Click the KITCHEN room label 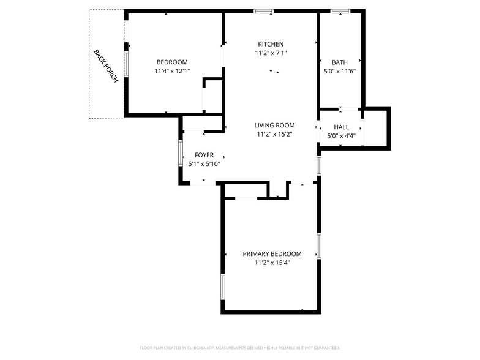pyautogui.click(x=270, y=44)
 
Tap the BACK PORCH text pyautogui.click(x=105, y=66)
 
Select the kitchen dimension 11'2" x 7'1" pyautogui.click(x=270, y=53)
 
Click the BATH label pyautogui.click(x=339, y=62)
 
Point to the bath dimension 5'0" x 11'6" pyautogui.click(x=339, y=71)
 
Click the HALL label pyautogui.click(x=341, y=127)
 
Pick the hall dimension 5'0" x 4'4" pyautogui.click(x=341, y=136)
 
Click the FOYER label pyautogui.click(x=204, y=155)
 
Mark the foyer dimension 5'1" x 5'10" pyautogui.click(x=204, y=163)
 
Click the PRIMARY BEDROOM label pyautogui.click(x=272, y=254)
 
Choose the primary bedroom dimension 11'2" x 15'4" pyautogui.click(x=272, y=263)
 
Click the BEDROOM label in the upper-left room pyautogui.click(x=172, y=62)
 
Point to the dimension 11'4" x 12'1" pyautogui.click(x=172, y=71)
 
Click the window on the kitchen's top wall pyautogui.click(x=264, y=11)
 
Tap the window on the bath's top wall pyautogui.click(x=340, y=11)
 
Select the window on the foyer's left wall pyautogui.click(x=181, y=153)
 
